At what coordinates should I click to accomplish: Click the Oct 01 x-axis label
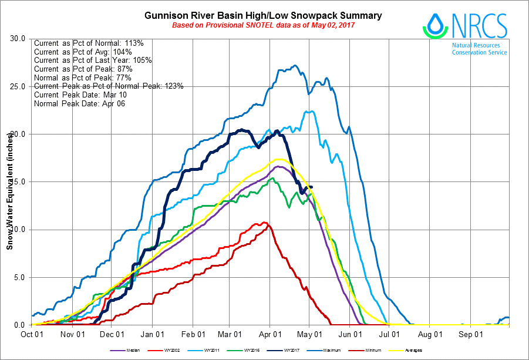(31, 334)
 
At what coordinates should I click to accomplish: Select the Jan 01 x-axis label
(152, 334)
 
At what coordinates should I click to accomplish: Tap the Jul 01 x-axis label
(389, 334)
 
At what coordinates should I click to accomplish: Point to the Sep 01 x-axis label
(471, 334)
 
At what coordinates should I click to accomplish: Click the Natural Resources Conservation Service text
(479, 49)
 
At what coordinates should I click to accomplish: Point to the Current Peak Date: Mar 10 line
(80, 95)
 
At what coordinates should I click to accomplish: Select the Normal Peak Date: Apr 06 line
(80, 103)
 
